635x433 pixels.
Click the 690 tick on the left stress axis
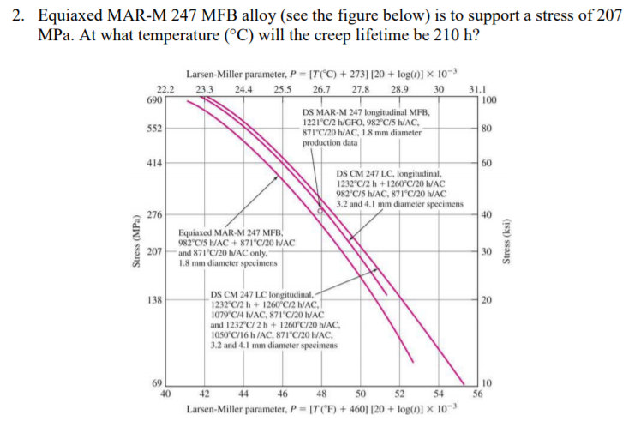(156, 100)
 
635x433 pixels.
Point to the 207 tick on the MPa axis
(155, 252)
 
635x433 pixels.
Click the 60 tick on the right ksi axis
(487, 163)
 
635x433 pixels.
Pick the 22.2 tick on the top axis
(165, 89)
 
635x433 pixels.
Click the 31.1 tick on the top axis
(476, 89)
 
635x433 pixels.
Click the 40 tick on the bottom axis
(165, 394)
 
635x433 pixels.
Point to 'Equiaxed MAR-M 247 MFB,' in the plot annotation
(225, 233)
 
